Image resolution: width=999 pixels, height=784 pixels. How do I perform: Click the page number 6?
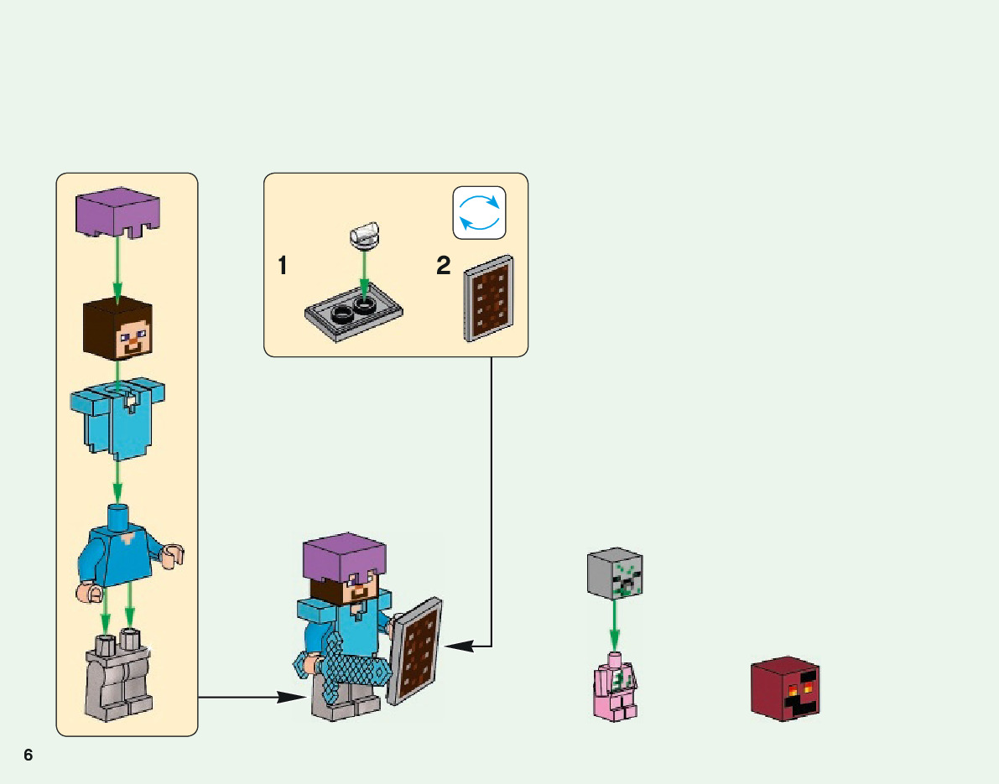pos(28,755)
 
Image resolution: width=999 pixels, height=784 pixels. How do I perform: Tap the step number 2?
pos(444,267)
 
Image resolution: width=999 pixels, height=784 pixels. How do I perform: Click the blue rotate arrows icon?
pos(480,212)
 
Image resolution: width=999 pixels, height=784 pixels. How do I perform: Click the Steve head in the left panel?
pos(118,330)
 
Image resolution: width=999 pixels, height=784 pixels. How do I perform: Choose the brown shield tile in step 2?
pos(488,299)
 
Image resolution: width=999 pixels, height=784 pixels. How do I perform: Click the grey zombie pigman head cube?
pos(615,574)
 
